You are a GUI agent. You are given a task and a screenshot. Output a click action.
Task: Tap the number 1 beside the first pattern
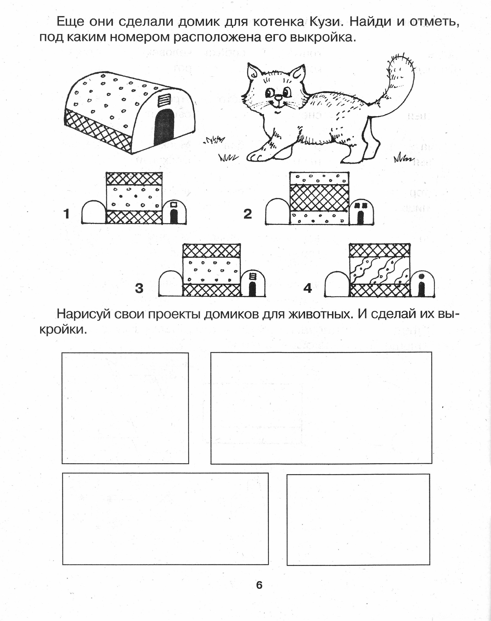click(67, 214)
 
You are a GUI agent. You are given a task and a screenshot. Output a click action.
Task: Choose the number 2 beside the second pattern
click(247, 214)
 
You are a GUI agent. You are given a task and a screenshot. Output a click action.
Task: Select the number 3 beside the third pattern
click(139, 288)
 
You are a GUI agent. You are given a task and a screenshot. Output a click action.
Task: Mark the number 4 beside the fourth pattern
click(308, 288)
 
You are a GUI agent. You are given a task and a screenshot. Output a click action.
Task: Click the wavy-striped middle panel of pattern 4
click(379, 270)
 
